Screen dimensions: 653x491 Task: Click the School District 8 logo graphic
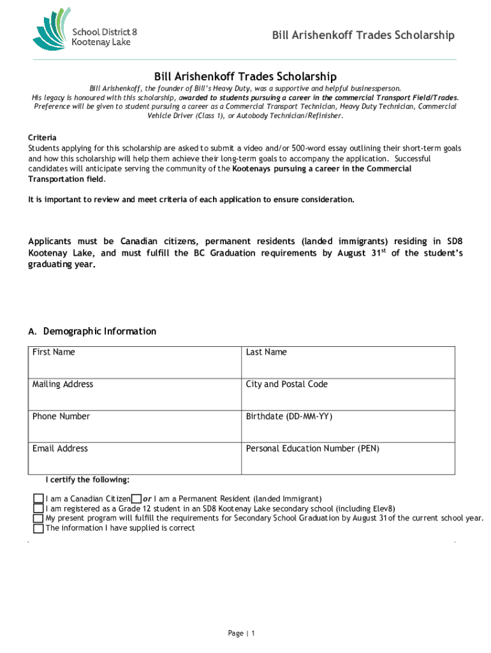click(52, 29)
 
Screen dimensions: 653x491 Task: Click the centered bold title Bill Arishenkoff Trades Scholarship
click(245, 76)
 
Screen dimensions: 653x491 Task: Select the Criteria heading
click(42, 138)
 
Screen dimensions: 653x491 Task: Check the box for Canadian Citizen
click(39, 499)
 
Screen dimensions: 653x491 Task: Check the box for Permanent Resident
click(136, 499)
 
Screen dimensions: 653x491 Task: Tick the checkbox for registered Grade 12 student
click(39, 509)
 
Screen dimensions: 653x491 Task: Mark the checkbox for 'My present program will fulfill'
click(39, 518)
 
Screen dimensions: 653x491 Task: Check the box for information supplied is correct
click(39, 528)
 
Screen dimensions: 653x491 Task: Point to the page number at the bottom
click(242, 633)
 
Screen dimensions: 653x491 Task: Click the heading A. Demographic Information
click(92, 332)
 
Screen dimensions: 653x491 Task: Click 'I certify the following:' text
click(87, 480)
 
